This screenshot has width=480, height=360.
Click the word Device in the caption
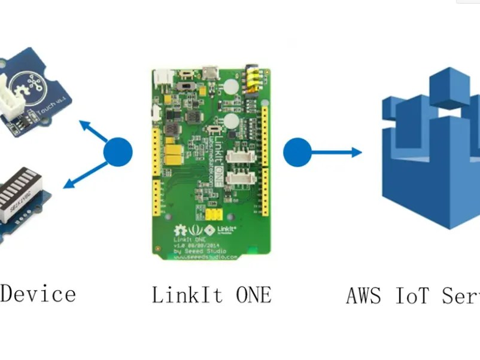pos(38,294)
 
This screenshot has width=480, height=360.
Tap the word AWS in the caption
pos(366,295)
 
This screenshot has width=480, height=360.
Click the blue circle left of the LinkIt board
pos(118,152)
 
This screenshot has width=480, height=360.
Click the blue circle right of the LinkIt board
pos(297,152)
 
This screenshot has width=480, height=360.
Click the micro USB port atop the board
pos(211,74)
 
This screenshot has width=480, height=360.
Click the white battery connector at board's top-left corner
pos(162,77)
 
